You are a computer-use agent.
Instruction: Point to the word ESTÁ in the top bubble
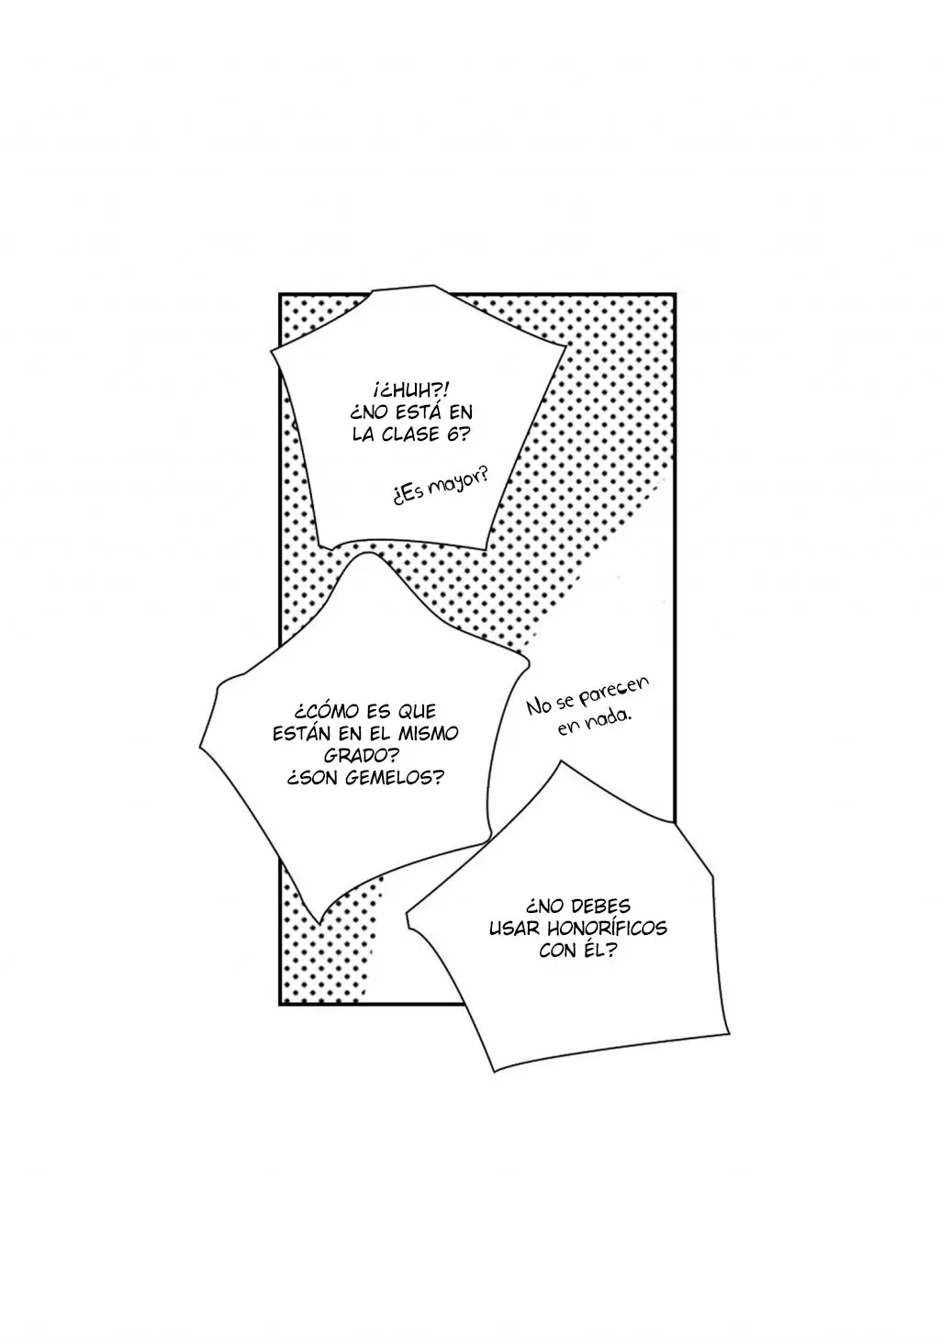pyautogui.click(x=420, y=412)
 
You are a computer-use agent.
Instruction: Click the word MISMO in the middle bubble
pyautogui.click(x=429, y=733)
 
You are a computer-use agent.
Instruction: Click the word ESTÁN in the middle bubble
pyautogui.click(x=301, y=733)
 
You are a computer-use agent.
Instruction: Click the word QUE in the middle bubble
pyautogui.click(x=415, y=711)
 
